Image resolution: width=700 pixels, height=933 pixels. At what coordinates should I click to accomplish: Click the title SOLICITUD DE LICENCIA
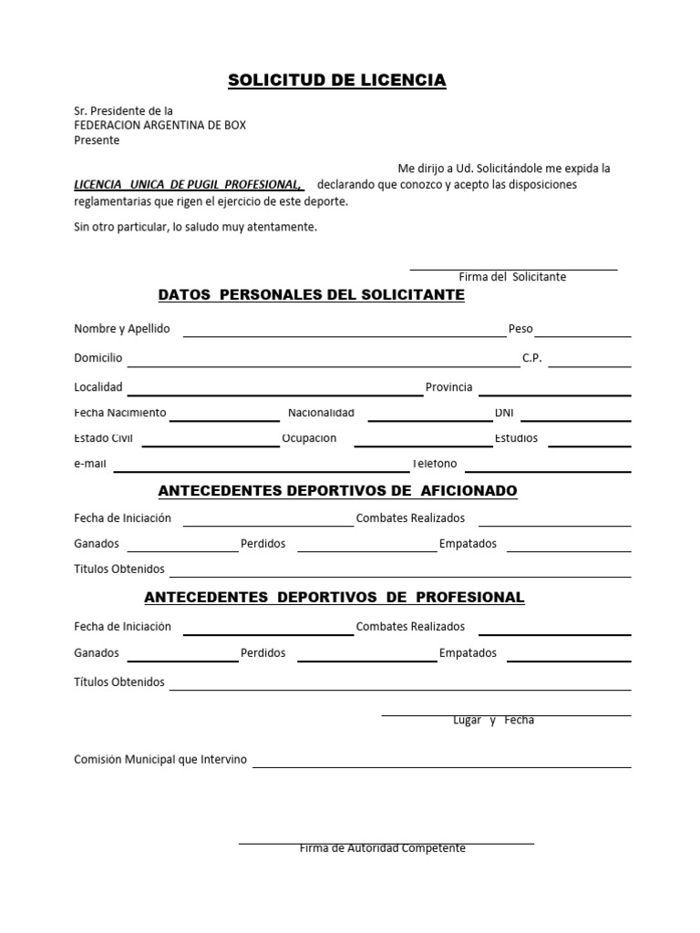click(x=336, y=81)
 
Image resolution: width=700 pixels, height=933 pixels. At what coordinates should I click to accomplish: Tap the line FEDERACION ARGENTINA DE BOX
click(x=160, y=126)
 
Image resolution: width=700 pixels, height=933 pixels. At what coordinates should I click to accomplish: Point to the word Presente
click(x=97, y=140)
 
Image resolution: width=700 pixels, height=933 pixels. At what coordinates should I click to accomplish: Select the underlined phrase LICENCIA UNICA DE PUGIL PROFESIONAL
click(x=188, y=184)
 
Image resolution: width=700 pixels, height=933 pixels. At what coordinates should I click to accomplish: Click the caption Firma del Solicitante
click(x=512, y=276)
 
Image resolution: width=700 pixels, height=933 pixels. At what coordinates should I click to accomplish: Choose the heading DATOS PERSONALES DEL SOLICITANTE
click(x=312, y=295)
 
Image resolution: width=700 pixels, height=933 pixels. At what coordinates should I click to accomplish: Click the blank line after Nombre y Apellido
click(x=344, y=335)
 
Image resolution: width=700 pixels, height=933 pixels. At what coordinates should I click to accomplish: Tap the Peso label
click(x=520, y=328)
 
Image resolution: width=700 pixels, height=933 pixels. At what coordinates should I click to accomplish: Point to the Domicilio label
click(x=98, y=358)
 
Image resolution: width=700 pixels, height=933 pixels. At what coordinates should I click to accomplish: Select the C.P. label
click(x=532, y=358)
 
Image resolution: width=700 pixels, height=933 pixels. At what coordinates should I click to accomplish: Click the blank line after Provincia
click(x=555, y=395)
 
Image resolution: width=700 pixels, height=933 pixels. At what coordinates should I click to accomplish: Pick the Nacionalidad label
click(x=321, y=413)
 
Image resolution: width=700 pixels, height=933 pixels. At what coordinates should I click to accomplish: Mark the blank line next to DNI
click(x=574, y=419)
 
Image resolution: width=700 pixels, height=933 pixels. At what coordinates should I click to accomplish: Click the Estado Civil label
click(x=104, y=438)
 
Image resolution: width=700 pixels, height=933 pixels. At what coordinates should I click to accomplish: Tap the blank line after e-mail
click(x=260, y=470)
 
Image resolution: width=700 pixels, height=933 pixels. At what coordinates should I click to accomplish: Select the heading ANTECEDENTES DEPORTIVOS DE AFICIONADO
click(x=337, y=491)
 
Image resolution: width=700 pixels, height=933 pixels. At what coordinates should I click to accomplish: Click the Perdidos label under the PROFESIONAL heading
click(x=263, y=652)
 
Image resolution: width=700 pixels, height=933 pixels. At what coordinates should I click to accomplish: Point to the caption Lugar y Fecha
click(x=493, y=721)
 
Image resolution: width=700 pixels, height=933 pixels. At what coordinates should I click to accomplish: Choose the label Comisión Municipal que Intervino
click(x=160, y=759)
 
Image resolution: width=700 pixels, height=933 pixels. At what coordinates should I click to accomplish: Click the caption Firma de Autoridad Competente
click(x=383, y=848)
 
